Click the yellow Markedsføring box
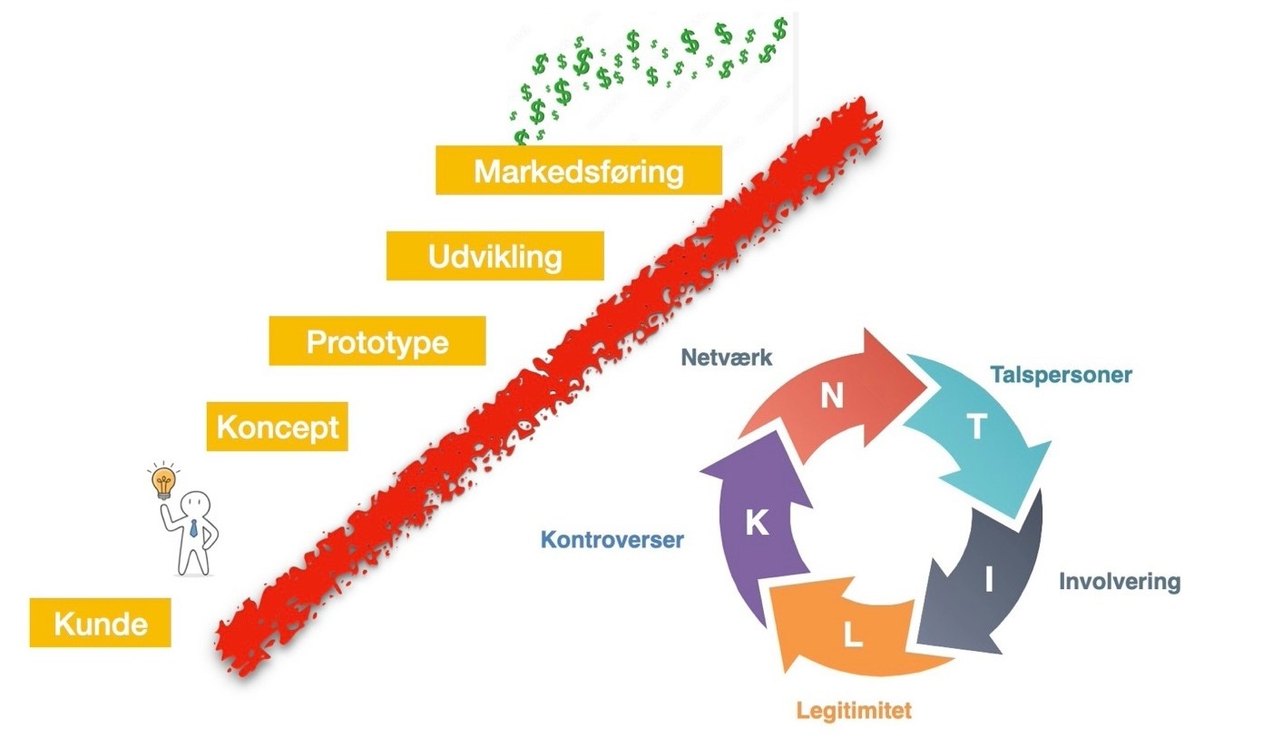coord(578,170)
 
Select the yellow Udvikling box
coord(494,256)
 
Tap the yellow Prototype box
coord(377,341)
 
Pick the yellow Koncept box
coord(277,427)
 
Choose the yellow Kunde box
coord(100,623)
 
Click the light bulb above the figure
coord(163,483)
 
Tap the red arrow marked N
coord(830,390)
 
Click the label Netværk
coord(726,358)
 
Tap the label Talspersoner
coord(1061,374)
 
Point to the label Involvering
coord(1120,582)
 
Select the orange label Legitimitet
coord(854,710)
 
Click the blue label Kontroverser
coord(612,540)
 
